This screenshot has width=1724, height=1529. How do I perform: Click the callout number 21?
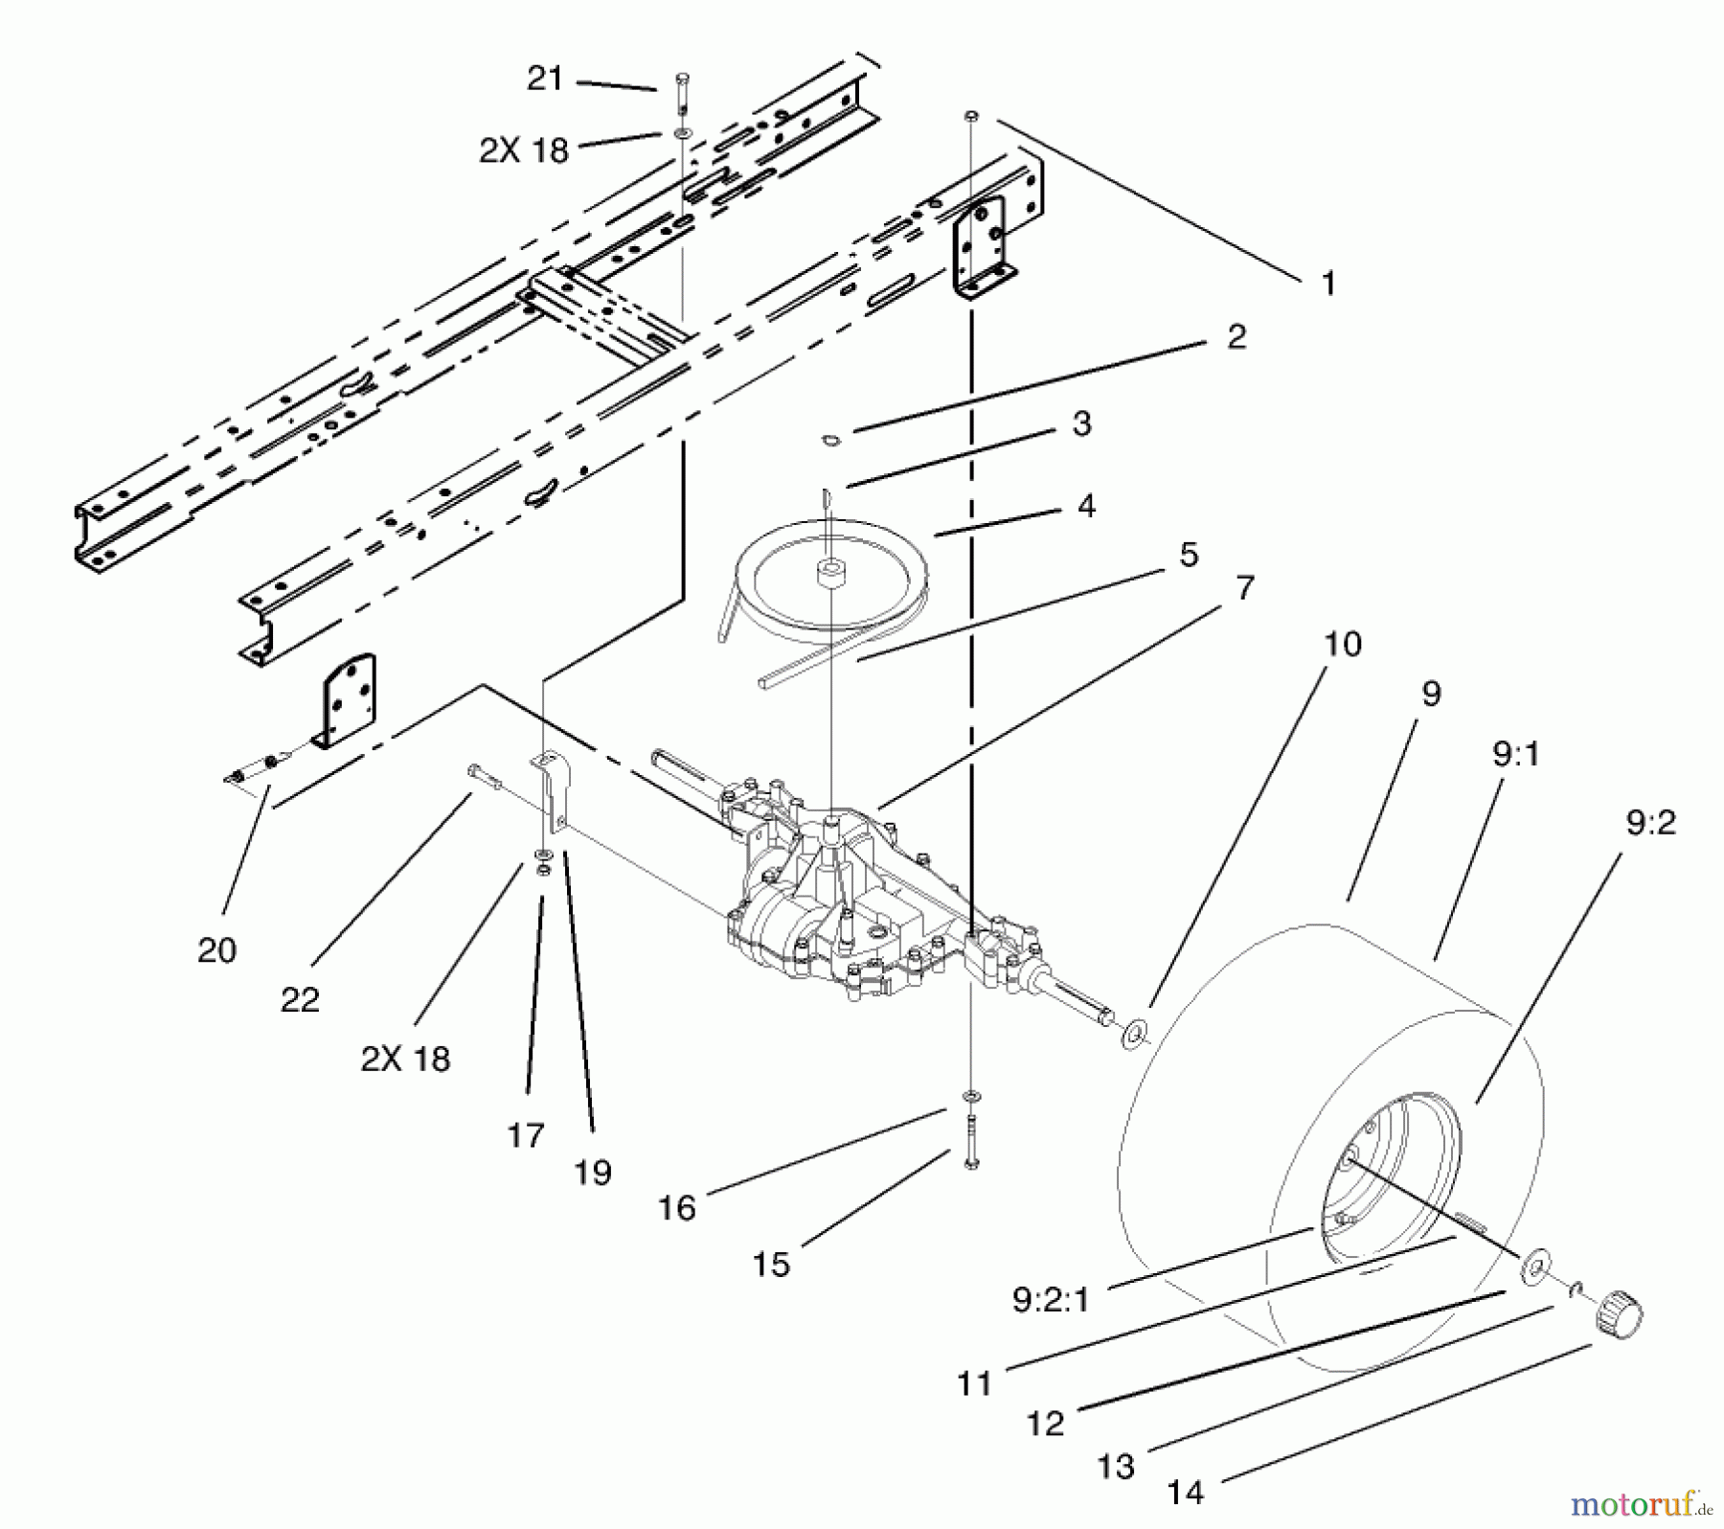pos(545,79)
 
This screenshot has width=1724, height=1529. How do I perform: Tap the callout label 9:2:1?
pos(1050,1300)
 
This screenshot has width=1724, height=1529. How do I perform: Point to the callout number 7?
pos(1244,587)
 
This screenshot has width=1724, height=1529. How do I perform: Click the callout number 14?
pos(1186,1491)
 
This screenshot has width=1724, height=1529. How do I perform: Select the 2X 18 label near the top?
pos(524,150)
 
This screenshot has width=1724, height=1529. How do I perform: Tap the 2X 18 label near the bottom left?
pos(405,1059)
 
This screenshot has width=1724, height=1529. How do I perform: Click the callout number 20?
pos(216,950)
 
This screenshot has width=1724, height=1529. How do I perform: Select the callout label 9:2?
pos(1650,823)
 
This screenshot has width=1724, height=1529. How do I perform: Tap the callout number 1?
pos(1327,284)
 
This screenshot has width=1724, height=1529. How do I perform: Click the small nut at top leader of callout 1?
pos(970,116)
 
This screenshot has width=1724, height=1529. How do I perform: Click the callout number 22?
pos(300,1000)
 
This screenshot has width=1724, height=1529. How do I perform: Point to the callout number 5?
pos(1188,554)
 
